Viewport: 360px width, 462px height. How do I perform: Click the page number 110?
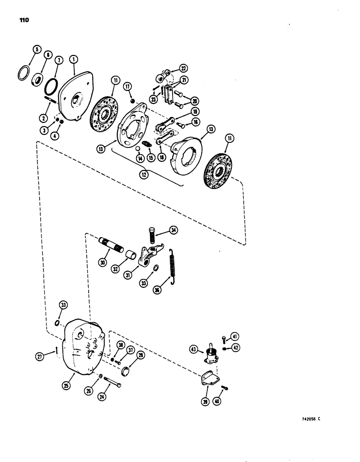click(24, 20)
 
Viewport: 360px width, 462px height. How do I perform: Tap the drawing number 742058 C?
click(305, 419)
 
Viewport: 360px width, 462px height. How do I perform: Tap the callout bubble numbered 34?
click(173, 230)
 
